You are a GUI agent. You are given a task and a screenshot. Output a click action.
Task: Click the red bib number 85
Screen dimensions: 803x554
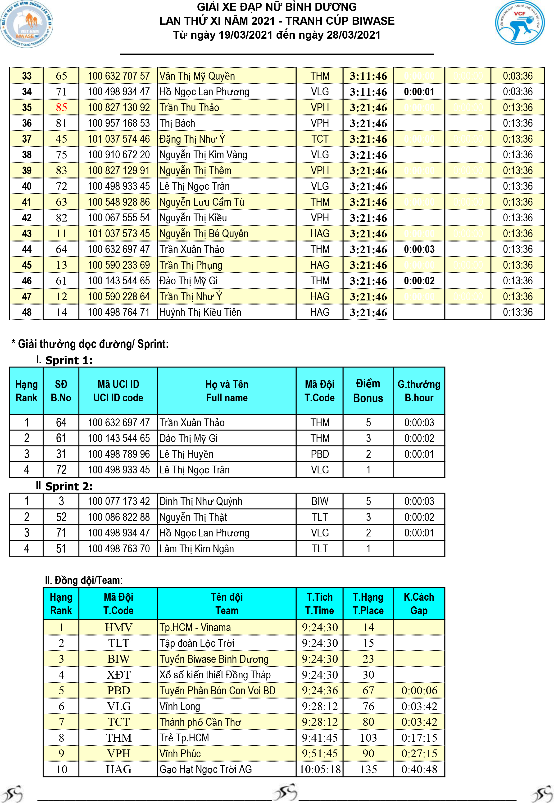point(61,108)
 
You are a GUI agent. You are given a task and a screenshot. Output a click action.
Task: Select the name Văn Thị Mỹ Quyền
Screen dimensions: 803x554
point(197,76)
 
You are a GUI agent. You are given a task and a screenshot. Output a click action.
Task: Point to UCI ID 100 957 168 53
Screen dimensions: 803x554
point(118,123)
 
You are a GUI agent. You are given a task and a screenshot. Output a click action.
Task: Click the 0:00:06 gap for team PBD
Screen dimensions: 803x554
point(419,690)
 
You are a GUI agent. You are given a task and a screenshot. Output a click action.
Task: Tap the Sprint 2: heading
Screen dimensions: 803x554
point(69,486)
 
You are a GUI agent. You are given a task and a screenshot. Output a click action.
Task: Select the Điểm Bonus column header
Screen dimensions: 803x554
point(368,391)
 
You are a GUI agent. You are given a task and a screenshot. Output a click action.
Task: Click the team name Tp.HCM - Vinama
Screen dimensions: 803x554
point(195,627)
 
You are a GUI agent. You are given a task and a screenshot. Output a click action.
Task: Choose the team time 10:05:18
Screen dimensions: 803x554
point(320,769)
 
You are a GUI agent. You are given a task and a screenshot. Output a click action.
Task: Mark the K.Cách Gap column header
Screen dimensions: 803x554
point(419,604)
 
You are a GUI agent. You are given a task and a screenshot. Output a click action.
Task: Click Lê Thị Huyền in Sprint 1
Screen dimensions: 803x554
point(186,454)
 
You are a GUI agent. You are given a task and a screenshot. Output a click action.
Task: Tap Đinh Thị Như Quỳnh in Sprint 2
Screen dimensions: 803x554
point(201,501)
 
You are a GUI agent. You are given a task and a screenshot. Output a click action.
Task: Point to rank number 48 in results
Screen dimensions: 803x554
point(27,312)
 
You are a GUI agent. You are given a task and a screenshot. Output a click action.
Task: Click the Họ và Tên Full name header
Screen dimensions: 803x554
point(227,391)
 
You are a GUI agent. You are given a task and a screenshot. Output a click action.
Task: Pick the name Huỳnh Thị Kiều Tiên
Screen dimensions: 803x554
point(200,312)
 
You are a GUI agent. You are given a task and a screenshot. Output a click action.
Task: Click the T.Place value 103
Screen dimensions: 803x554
point(368,738)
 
